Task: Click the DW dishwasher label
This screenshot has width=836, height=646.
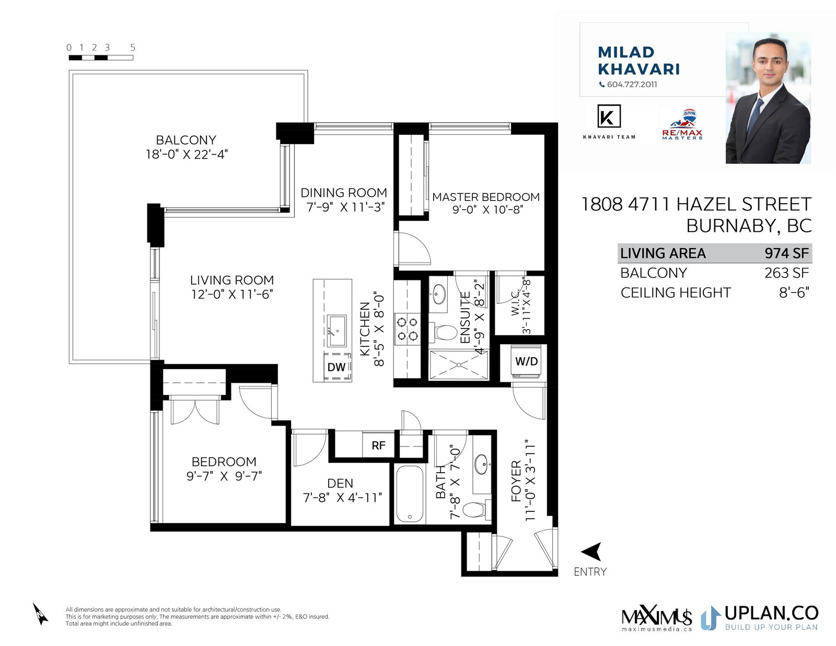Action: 336,367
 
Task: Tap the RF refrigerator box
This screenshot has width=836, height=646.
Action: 379,445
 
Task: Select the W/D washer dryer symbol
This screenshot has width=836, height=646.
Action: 526,361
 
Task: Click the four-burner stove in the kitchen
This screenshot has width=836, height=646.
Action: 408,328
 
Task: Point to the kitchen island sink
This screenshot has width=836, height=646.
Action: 337,331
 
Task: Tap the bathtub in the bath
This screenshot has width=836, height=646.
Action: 410,494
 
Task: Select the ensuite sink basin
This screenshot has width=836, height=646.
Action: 439,295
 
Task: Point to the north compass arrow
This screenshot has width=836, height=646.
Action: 40,614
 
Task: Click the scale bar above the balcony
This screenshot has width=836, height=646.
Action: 101,57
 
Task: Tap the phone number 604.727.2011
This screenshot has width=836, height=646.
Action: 632,85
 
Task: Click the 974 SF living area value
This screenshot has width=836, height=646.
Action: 787,253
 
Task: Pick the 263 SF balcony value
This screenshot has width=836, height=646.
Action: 787,273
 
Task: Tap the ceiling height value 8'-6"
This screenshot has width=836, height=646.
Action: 794,292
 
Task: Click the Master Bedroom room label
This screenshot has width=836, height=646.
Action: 486,197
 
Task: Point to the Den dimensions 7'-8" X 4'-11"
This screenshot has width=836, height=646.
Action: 342,498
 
